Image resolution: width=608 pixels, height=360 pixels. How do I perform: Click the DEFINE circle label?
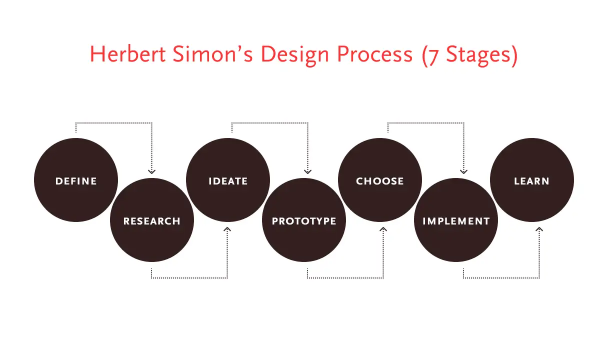click(x=76, y=181)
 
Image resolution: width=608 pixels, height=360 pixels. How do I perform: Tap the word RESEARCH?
click(x=151, y=221)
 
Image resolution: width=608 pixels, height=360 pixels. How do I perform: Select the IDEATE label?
click(x=228, y=181)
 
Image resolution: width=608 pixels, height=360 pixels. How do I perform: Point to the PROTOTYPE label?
click(x=304, y=221)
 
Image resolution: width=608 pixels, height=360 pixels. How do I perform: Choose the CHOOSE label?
click(x=379, y=181)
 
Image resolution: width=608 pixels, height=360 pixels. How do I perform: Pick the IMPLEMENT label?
click(x=456, y=221)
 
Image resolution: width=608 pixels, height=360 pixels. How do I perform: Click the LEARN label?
click(x=531, y=181)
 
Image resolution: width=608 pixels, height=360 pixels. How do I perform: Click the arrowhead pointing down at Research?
click(x=151, y=171)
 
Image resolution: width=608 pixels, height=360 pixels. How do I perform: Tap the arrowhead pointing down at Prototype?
click(x=307, y=171)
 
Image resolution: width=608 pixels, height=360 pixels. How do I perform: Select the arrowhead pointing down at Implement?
click(x=463, y=171)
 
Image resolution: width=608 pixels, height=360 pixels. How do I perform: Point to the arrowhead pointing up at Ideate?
click(x=227, y=229)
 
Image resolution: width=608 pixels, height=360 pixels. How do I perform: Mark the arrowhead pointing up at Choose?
click(x=383, y=229)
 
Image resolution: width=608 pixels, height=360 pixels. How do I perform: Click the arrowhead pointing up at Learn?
click(x=539, y=229)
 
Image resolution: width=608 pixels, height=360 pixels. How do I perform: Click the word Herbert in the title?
click(x=127, y=54)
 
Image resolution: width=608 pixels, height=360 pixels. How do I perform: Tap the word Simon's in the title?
click(x=213, y=54)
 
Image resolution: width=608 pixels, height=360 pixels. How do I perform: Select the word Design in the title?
click(x=295, y=55)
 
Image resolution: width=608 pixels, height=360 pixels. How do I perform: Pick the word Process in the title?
click(x=375, y=54)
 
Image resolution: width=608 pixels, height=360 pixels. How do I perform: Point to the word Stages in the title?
click(x=478, y=55)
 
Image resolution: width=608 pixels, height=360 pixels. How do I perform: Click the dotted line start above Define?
click(x=76, y=132)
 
